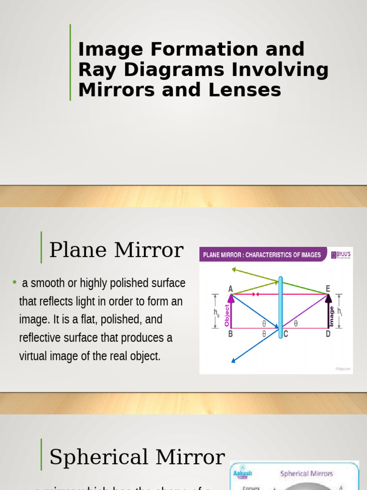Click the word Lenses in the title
pyautogui.click(x=250, y=90)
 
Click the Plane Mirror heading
pyautogui.click(x=116, y=250)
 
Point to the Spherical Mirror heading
pyautogui.click(x=137, y=457)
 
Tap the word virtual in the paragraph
pyautogui.click(x=32, y=356)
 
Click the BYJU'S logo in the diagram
pyautogui.click(x=341, y=256)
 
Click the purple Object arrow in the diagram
pyautogui.click(x=231, y=311)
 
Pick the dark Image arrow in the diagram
pyautogui.click(x=329, y=311)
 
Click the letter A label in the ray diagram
pyautogui.click(x=230, y=289)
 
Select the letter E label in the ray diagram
pyautogui.click(x=328, y=288)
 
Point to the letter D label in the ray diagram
pyautogui.click(x=328, y=334)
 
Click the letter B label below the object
pyautogui.click(x=230, y=334)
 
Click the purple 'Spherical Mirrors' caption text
pyautogui.click(x=306, y=474)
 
